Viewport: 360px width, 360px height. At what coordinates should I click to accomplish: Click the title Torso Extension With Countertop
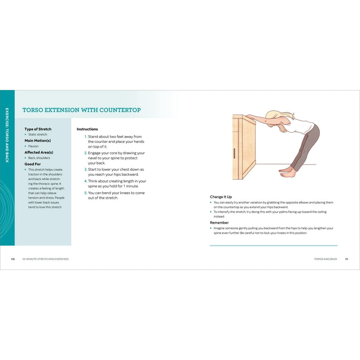point(82,110)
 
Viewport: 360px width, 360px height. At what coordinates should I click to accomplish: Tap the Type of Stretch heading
point(38,129)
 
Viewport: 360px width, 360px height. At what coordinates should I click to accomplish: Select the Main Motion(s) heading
point(37,141)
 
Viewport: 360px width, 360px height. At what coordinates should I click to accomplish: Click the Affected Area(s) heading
point(39,152)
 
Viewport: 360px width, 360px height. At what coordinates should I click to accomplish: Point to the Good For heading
point(33,164)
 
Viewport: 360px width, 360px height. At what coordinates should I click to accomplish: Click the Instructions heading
point(87,129)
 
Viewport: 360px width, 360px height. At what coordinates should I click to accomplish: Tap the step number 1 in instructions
point(86,136)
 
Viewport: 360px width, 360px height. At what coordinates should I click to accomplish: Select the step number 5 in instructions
point(86,193)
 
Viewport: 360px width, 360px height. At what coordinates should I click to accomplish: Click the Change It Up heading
point(221,197)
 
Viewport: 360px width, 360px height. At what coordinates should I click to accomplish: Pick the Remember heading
point(219,223)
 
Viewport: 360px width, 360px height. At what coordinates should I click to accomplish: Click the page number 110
point(13,259)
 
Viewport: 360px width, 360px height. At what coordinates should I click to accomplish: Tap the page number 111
point(347,259)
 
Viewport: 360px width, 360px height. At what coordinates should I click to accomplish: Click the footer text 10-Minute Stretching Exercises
point(45,259)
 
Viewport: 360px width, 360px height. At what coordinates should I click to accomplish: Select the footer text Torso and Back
point(326,259)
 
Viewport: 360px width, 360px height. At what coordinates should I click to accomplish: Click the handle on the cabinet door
point(234,153)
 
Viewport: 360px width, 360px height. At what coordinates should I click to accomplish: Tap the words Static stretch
point(37,135)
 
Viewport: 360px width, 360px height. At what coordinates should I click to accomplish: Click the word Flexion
point(33,146)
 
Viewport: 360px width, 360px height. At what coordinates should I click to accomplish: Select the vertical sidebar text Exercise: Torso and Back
point(7,135)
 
